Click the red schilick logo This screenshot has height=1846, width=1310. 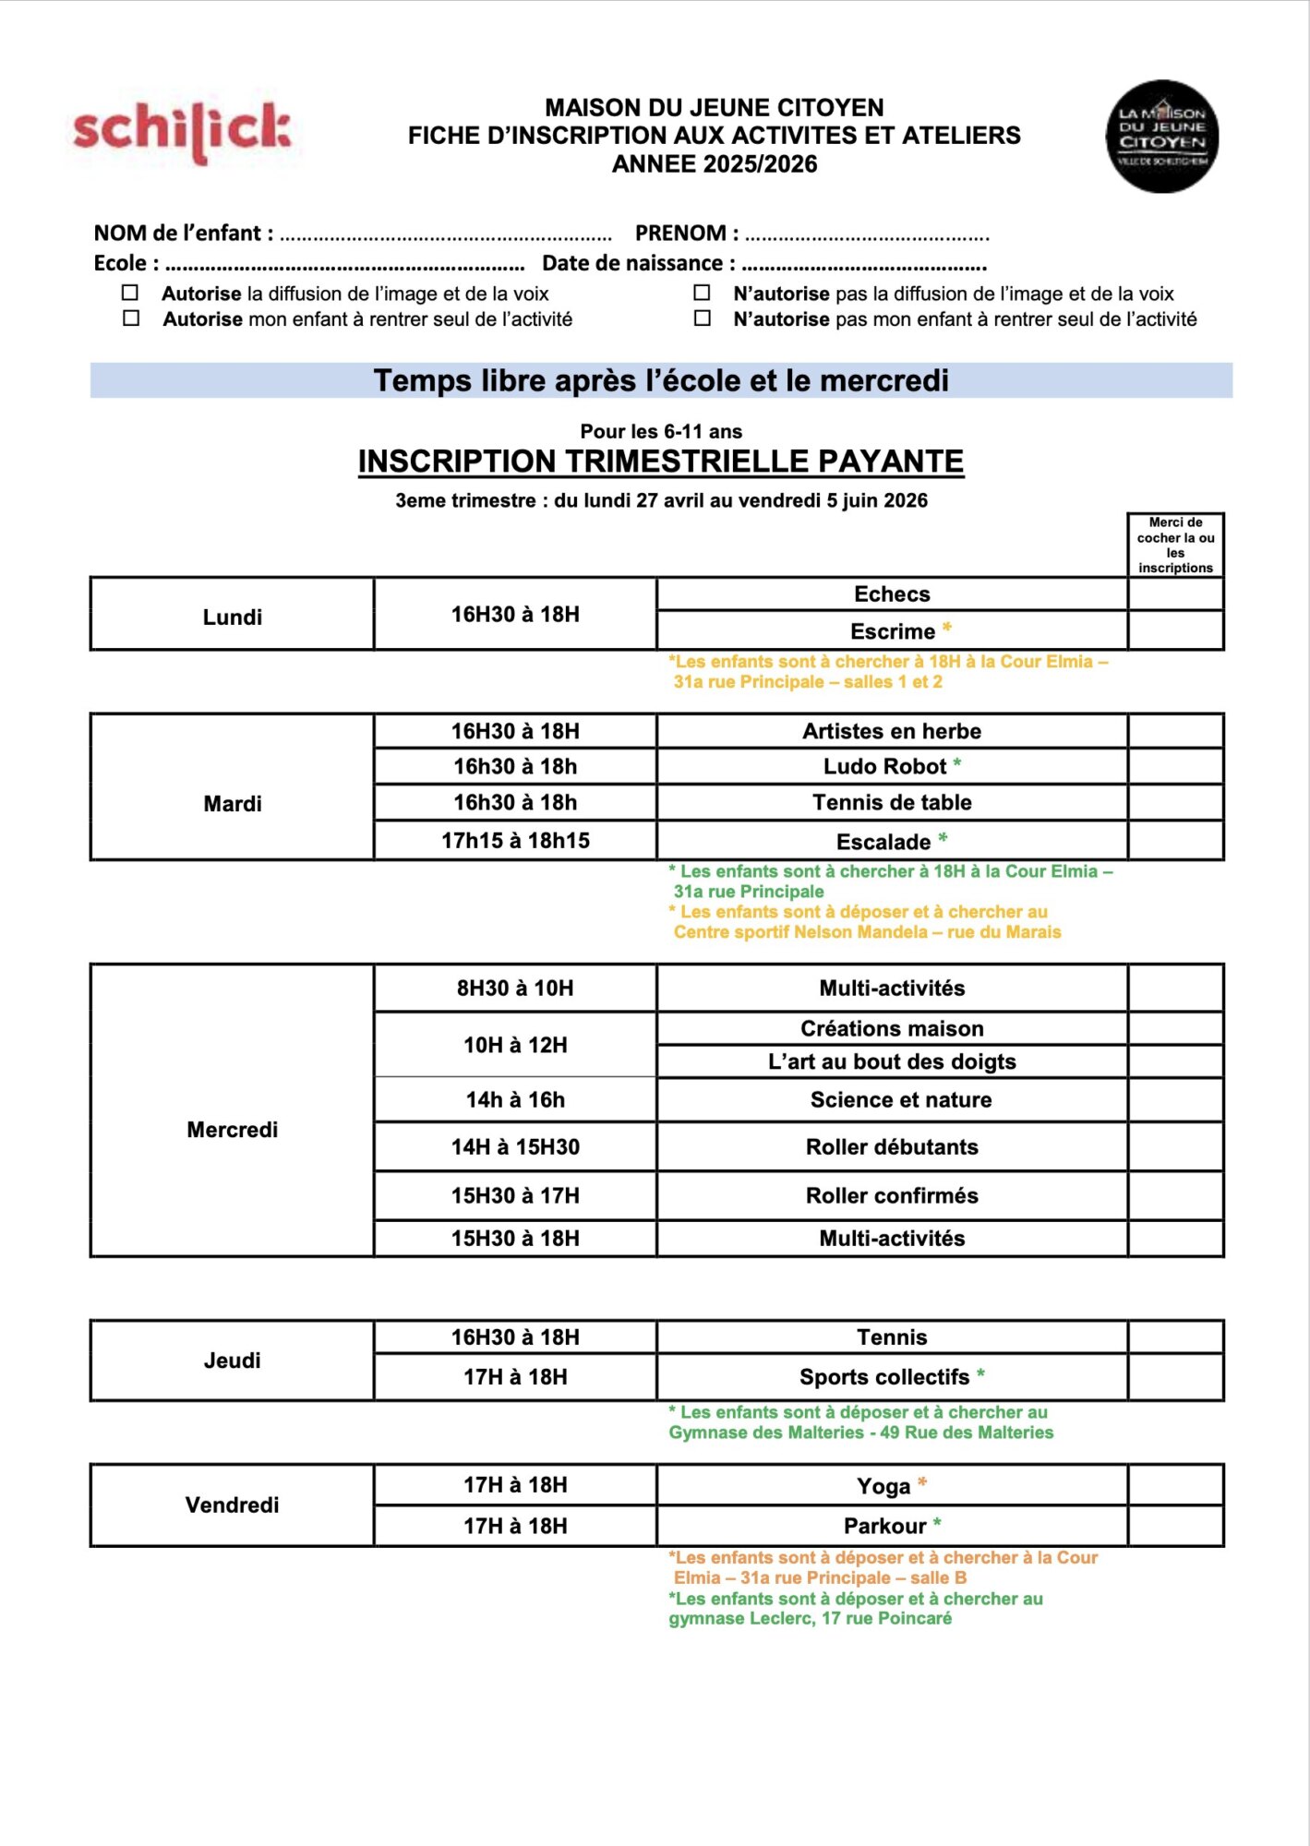point(182,130)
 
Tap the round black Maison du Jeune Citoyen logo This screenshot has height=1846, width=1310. point(1161,137)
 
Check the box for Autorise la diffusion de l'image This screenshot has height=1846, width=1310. point(130,293)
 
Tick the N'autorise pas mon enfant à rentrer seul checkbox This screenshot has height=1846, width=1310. point(703,318)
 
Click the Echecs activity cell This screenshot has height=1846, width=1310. point(891,594)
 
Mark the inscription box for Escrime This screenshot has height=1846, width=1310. point(1175,631)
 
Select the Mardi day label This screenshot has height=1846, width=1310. point(232,804)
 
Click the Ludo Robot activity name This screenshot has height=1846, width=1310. point(884,766)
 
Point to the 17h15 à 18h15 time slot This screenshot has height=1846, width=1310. point(515,841)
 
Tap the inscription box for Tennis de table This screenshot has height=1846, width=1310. point(1175,802)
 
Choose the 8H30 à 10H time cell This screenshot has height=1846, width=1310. point(515,989)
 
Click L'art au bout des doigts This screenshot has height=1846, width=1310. point(891,1061)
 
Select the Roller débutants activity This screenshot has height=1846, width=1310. point(891,1147)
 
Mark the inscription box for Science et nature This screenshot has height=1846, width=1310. point(1175,1099)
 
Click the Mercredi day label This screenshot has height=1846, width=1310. point(232,1130)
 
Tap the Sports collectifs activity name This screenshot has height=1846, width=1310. point(883,1377)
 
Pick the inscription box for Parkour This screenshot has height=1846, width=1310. point(1175,1526)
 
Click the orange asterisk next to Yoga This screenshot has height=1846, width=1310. point(921,1483)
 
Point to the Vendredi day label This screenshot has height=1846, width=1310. point(232,1505)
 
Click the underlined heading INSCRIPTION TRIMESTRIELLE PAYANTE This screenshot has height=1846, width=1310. point(660,461)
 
